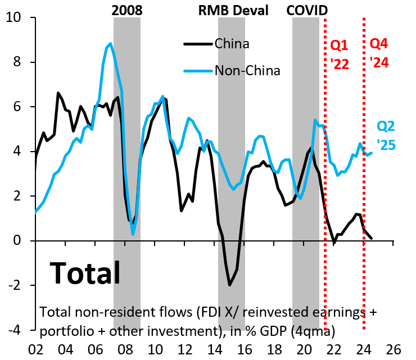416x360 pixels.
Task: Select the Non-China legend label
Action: (x=247, y=70)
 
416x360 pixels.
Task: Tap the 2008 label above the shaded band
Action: (x=127, y=10)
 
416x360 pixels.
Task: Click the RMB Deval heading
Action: (x=233, y=10)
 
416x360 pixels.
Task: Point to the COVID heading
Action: (x=307, y=10)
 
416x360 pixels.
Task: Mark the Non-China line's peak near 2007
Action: (x=110, y=44)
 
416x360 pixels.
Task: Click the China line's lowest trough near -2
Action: (x=229, y=285)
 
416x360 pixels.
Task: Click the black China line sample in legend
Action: (x=197, y=43)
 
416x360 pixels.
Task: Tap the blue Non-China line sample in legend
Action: (x=197, y=70)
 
